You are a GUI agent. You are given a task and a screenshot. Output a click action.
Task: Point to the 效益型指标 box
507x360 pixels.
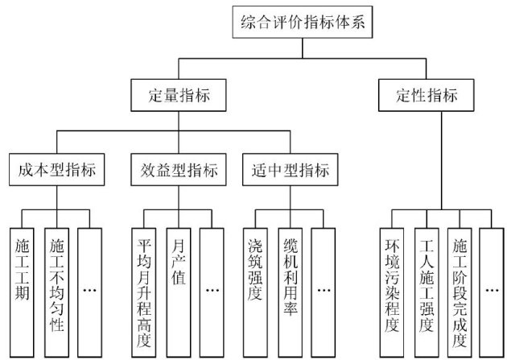tap(175, 171)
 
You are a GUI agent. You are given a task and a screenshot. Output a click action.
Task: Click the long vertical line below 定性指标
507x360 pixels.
tap(441, 161)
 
